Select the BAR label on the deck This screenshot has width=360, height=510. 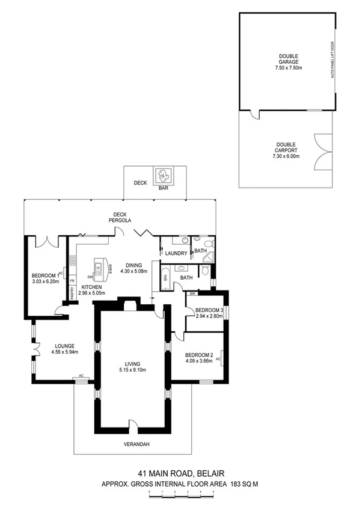click(x=163, y=188)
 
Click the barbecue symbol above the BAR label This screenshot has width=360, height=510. click(x=163, y=176)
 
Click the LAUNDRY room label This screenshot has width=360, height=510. click(x=176, y=253)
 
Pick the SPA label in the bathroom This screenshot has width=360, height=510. click(x=166, y=278)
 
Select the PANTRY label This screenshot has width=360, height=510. click(x=72, y=293)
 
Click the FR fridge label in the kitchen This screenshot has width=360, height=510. click(x=72, y=280)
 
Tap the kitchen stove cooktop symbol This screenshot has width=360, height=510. click(x=73, y=260)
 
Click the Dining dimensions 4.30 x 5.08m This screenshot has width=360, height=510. click(x=134, y=271)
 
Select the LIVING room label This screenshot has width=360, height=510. click(x=132, y=364)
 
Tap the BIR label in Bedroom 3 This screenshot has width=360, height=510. click(x=192, y=293)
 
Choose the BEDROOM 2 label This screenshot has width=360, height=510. click(x=198, y=354)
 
